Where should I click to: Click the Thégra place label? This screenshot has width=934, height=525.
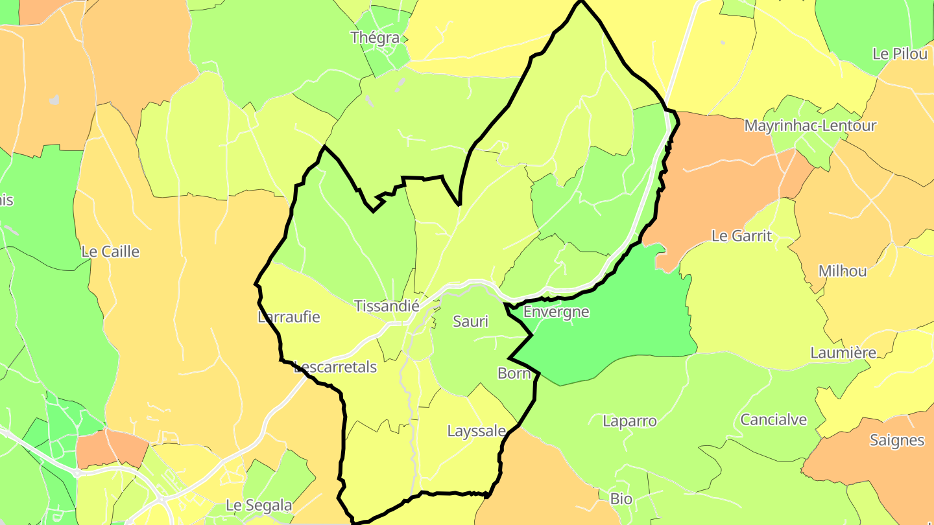tap(375, 38)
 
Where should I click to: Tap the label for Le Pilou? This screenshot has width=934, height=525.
tap(900, 54)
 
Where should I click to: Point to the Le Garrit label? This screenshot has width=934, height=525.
tap(742, 236)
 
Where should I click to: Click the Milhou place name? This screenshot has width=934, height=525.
tap(843, 271)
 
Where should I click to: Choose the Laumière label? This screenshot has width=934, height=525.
tap(843, 353)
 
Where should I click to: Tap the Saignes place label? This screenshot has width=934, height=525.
tap(897, 441)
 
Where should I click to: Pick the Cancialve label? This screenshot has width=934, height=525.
tap(774, 419)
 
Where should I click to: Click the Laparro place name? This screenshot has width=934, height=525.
tap(629, 421)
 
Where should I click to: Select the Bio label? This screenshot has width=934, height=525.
tap(621, 499)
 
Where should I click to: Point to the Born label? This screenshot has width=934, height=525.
tap(514, 373)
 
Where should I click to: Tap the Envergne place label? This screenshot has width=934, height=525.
tap(556, 312)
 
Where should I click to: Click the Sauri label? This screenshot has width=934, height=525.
tap(470, 321)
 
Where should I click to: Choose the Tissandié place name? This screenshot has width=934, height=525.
tap(387, 306)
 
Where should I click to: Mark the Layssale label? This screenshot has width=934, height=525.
tap(476, 431)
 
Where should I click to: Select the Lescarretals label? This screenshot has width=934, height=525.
tap(335, 367)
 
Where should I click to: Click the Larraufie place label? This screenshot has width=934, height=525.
tap(289, 317)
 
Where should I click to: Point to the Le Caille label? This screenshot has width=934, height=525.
tap(110, 251)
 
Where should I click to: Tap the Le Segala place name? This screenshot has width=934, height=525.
tap(259, 505)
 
